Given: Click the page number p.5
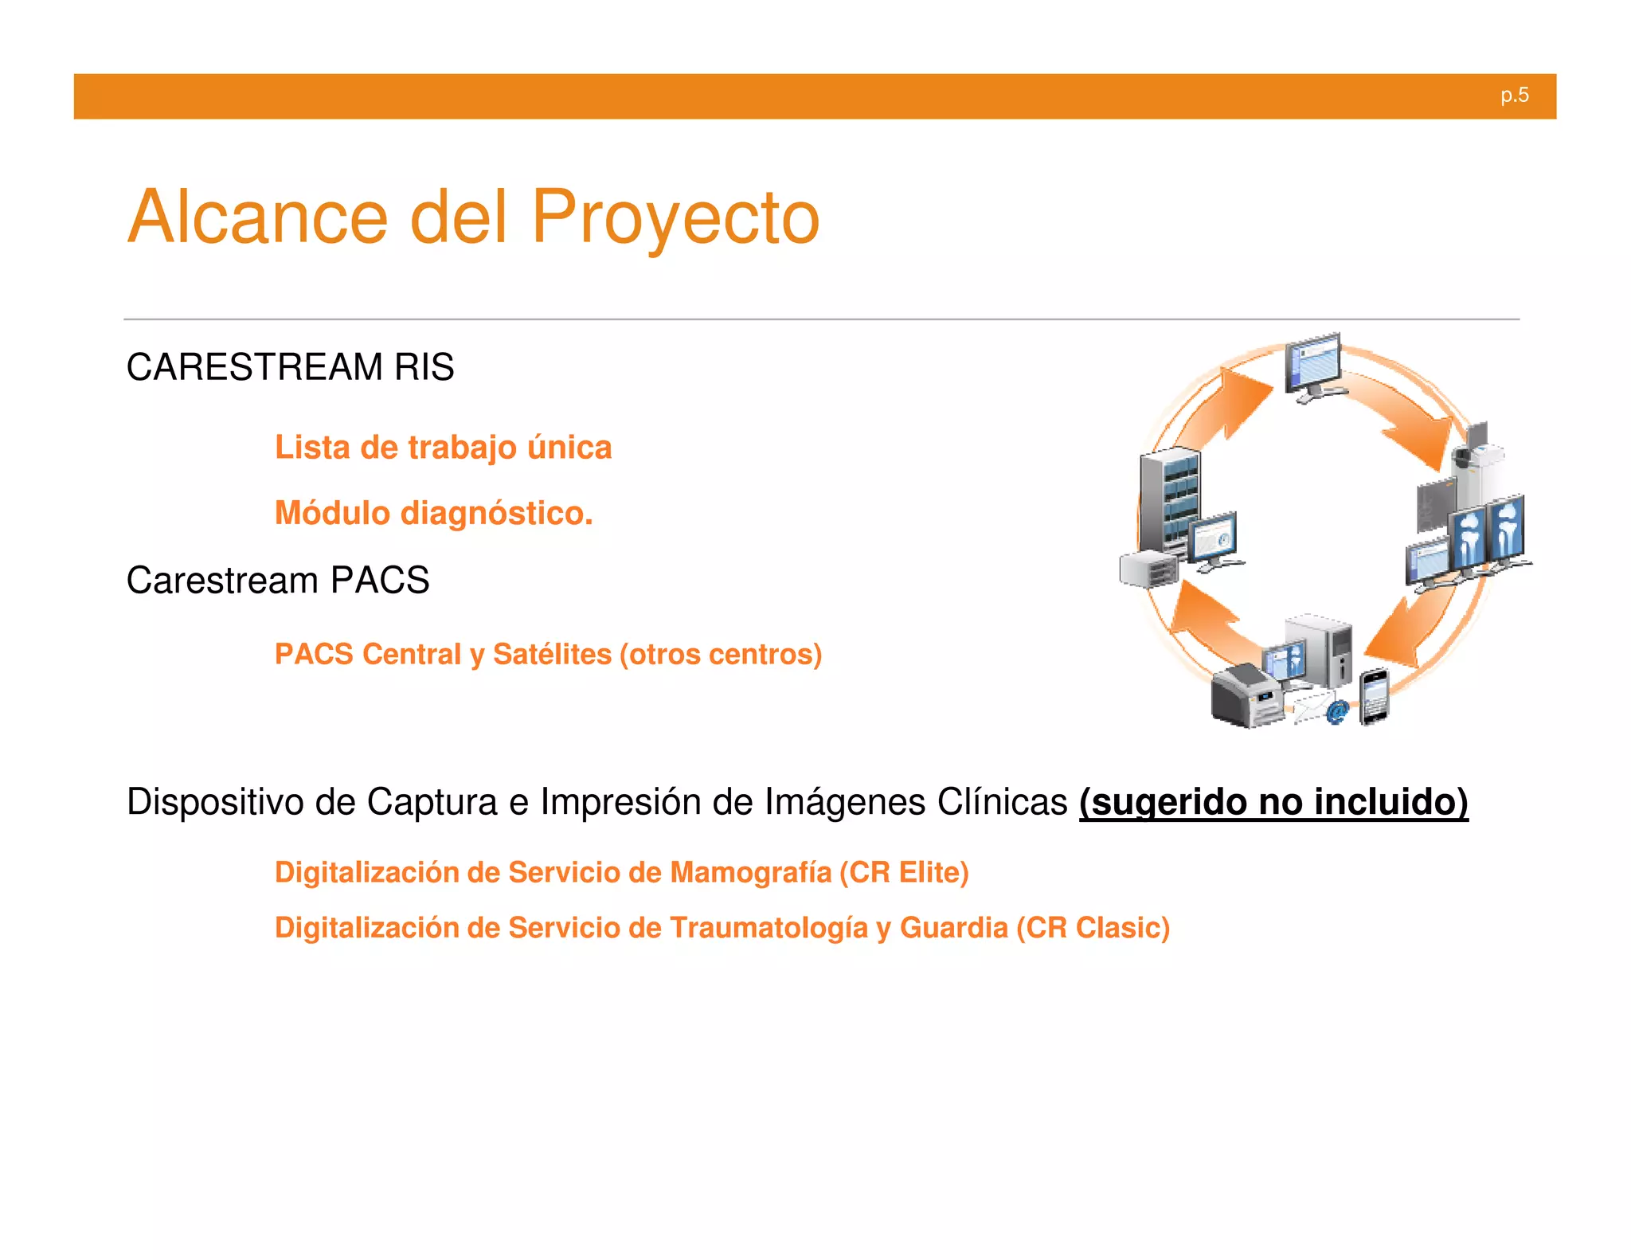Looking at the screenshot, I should [x=1514, y=96].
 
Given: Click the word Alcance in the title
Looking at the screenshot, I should [x=257, y=217].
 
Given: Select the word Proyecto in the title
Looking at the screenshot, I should [x=675, y=217].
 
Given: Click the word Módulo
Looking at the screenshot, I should [x=332, y=513].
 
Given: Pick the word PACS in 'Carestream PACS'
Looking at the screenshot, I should [x=380, y=580].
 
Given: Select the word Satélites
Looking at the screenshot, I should [x=552, y=654].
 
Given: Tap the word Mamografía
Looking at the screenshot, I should [x=750, y=872].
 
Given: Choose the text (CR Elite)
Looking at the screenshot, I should [x=904, y=872].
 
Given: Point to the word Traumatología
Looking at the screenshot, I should [x=769, y=928].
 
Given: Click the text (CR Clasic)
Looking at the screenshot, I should [x=1093, y=928].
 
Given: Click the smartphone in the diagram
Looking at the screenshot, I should [x=1374, y=697].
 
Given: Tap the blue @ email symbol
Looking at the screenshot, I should [x=1337, y=711].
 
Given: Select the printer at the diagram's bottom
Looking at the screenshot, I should [x=1246, y=697].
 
